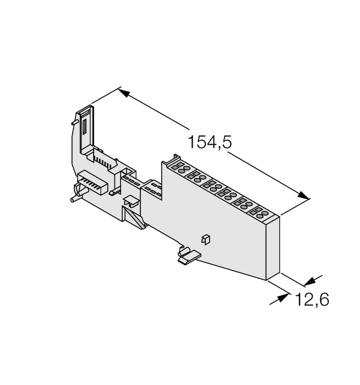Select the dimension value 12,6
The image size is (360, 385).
[312, 300]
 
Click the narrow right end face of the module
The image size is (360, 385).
[274, 248]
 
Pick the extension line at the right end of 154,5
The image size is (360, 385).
[295, 206]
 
